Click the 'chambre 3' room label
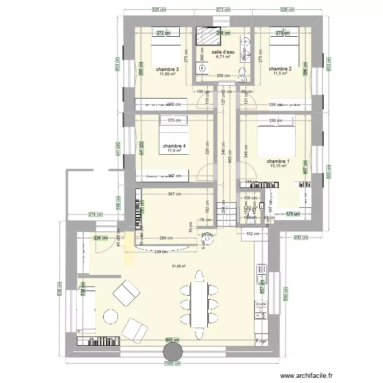[x=167, y=69]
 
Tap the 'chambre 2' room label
[x=280, y=69]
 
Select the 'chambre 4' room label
[x=175, y=147]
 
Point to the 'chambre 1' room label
[x=278, y=161]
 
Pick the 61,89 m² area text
[x=179, y=266]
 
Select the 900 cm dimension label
[x=172, y=340]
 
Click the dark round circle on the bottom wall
[x=173, y=352]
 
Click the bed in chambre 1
[x=276, y=139]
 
